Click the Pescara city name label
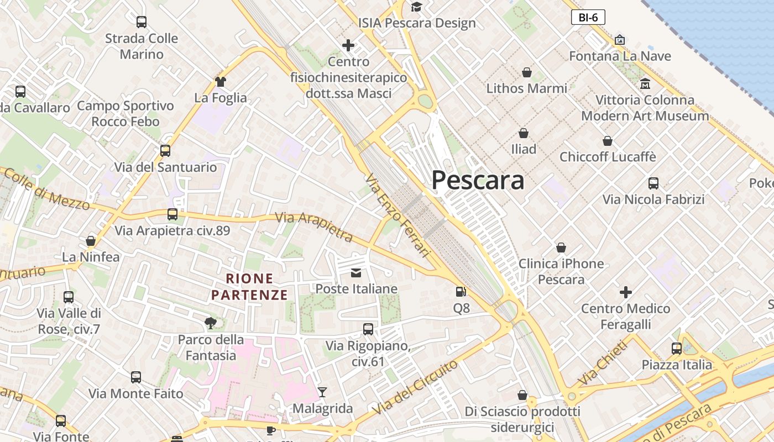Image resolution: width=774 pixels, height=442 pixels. tap(477, 180)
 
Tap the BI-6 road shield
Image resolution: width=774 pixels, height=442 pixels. tap(588, 17)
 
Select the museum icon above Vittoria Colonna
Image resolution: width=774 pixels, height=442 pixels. tap(645, 84)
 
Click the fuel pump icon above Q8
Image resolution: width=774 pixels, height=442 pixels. tap(461, 292)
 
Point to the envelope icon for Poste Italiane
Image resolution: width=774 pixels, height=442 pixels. tap(356, 273)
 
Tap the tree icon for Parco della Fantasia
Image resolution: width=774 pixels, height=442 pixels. tap(210, 323)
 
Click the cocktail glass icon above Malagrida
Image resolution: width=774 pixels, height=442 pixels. tap(322, 392)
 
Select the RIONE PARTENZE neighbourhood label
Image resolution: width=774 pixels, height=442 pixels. tap(250, 287)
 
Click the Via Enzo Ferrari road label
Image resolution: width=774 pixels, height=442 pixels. tap(398, 215)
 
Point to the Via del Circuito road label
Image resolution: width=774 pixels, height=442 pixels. tap(415, 387)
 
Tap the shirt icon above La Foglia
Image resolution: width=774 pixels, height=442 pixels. tap(221, 82)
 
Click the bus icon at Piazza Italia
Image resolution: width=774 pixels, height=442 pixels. tap(677, 349)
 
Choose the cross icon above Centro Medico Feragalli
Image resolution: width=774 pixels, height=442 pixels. tap(626, 292)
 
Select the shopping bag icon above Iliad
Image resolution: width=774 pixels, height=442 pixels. tap(523, 133)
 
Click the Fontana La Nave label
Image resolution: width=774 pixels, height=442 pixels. tap(620, 56)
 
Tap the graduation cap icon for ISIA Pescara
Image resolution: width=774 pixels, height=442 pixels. tap(416, 7)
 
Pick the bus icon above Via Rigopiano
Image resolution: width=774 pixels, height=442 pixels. tap(368, 329)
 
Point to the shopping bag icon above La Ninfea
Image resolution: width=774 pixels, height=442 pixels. tap(91, 241)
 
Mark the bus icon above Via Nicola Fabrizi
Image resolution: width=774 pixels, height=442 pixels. tap(653, 183)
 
